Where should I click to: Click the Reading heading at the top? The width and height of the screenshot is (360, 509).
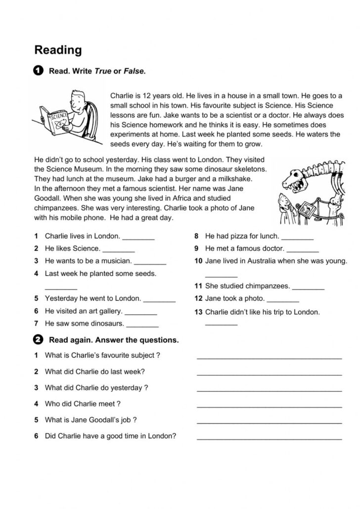point(58,50)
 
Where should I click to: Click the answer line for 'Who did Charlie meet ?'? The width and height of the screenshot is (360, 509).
point(269,406)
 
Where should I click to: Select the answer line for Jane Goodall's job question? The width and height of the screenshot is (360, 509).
point(269,422)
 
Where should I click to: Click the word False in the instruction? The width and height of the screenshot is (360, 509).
point(135,71)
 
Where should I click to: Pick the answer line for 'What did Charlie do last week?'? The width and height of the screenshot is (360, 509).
point(269,374)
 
